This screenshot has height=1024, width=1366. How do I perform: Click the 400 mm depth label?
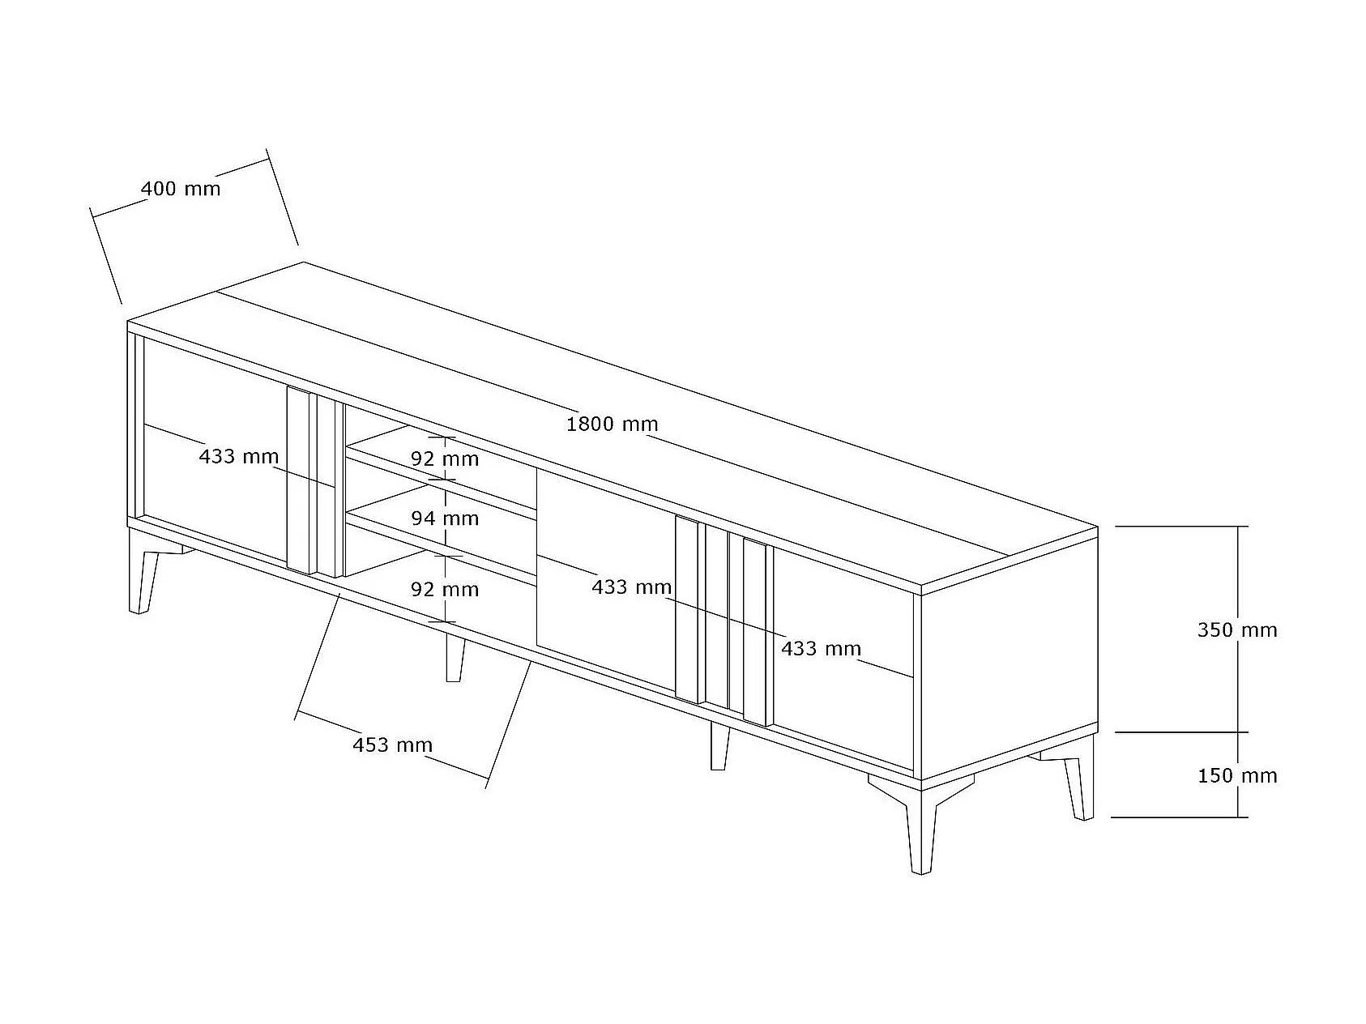[x=181, y=189]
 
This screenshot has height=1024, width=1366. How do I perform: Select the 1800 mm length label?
[x=612, y=424]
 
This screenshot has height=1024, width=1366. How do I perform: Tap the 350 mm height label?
[x=1237, y=629]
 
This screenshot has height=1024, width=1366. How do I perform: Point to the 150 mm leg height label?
[x=1237, y=775]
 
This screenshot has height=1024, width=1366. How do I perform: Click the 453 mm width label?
[x=392, y=745]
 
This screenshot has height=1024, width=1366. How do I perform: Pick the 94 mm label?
[x=445, y=518]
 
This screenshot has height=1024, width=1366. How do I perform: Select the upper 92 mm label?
[x=445, y=459]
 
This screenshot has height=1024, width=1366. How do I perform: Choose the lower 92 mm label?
[x=445, y=589]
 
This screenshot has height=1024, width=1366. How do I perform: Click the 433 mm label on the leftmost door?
[x=239, y=456]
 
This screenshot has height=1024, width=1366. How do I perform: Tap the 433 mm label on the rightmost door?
[x=821, y=648]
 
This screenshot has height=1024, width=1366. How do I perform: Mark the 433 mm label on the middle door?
[x=631, y=587]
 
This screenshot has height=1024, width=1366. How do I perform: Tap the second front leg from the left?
[x=455, y=657]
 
